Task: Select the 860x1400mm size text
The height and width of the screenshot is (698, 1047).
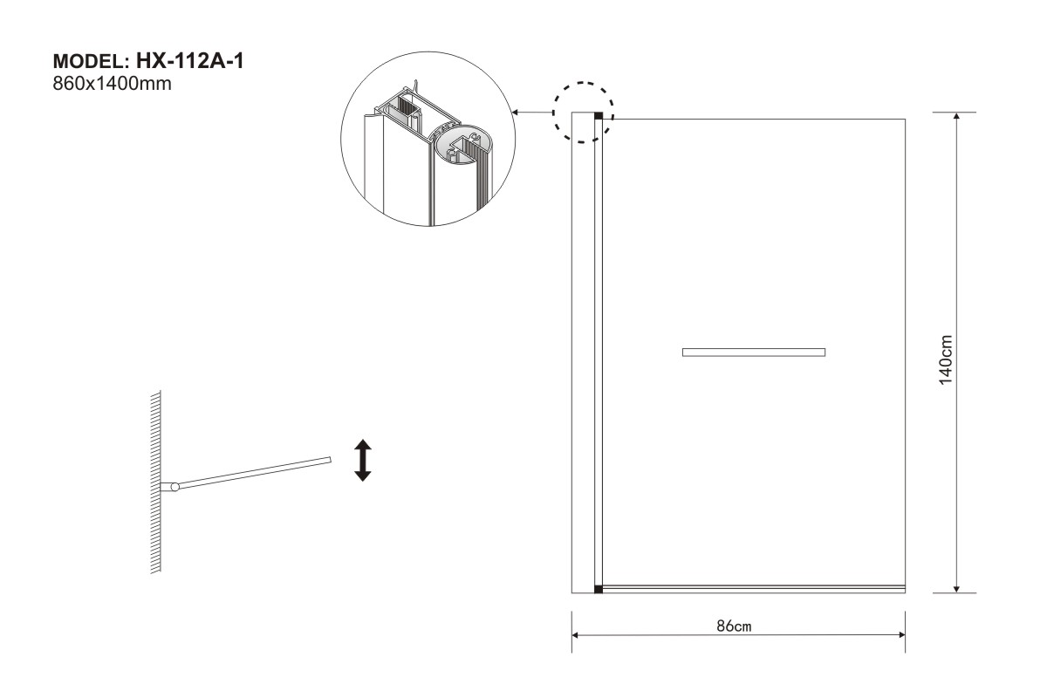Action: [x=111, y=85]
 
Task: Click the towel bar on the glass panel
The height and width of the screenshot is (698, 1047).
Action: [x=753, y=352]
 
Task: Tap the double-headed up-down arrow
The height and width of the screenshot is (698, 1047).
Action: [x=362, y=461]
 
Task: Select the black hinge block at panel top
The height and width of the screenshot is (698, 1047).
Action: [x=599, y=116]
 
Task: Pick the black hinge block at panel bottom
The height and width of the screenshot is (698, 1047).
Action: [x=599, y=590]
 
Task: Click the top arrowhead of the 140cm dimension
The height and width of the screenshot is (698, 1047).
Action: [x=957, y=118]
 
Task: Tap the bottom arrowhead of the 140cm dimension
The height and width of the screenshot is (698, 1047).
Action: [x=957, y=587]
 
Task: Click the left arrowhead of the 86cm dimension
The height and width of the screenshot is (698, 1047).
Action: [x=577, y=636]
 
